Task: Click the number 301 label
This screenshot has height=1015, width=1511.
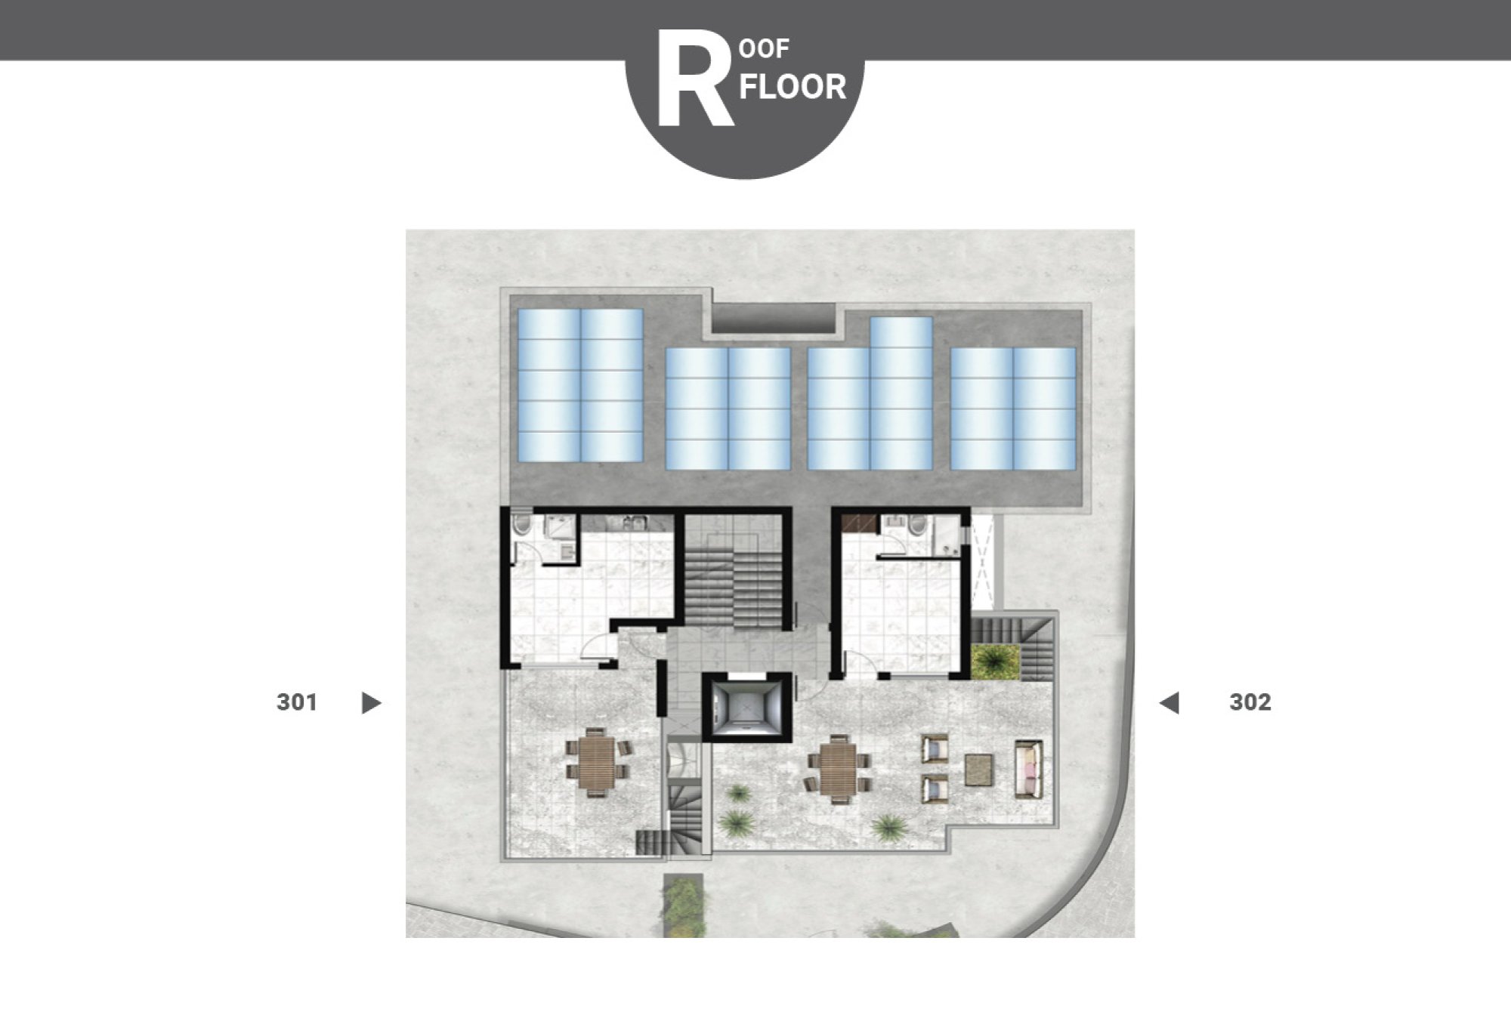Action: point(297,702)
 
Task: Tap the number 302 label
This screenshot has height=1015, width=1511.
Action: point(1250,702)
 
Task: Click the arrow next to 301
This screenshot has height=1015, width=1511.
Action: point(371,703)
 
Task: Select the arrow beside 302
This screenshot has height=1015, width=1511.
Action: point(1170,703)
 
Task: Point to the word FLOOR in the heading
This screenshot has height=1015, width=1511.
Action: point(793,88)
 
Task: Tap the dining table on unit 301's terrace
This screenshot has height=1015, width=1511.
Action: point(598,761)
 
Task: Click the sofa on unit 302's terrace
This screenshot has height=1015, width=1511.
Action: point(1029,768)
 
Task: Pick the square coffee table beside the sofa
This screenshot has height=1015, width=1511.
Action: point(980,768)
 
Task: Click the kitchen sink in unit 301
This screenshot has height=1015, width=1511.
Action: point(634,522)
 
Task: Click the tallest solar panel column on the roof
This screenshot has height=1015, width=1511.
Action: point(901,393)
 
